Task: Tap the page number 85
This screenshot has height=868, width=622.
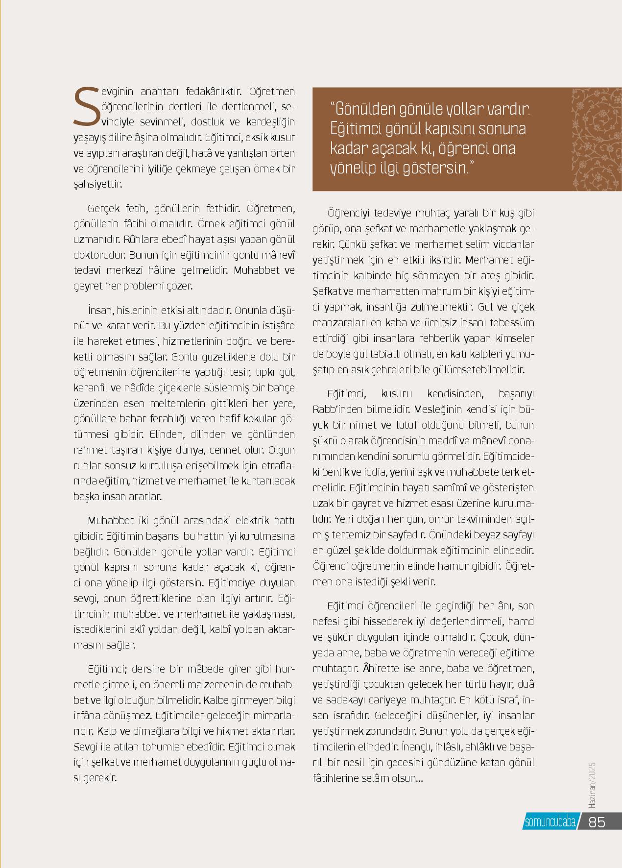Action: tap(597, 821)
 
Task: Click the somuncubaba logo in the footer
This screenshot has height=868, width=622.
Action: tap(550, 822)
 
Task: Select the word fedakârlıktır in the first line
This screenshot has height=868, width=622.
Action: tap(215, 92)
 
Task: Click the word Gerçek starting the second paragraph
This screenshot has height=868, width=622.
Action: tap(103, 209)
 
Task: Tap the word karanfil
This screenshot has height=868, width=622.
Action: tap(90, 388)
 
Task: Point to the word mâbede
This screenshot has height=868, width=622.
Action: tap(193, 669)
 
